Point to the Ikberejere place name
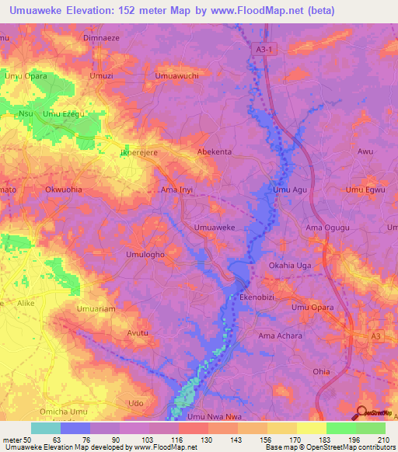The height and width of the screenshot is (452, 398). coord(138,153)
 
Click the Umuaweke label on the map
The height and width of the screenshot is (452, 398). coord(214,228)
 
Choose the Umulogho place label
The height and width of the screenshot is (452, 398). coord(145,255)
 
